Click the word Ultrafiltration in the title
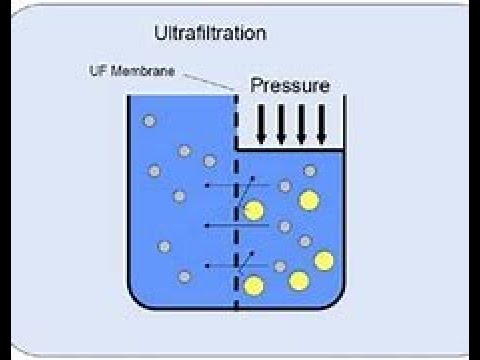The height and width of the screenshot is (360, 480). click(210, 33)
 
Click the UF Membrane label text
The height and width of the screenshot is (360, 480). click(126, 72)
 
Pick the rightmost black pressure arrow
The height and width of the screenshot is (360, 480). click(322, 123)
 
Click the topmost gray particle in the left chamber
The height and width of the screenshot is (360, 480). click(150, 121)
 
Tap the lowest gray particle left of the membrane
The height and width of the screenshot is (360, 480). click(185, 276)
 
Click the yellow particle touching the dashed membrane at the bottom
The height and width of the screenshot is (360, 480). click(254, 286)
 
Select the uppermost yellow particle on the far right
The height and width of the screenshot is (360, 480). click(309, 201)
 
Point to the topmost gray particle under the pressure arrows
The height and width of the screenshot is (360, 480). click(310, 171)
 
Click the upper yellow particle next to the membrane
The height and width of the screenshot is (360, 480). click(254, 211)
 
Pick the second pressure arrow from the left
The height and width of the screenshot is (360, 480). click(281, 123)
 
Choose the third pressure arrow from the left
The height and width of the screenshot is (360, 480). click(302, 123)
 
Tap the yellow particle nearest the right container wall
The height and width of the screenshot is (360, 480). click(323, 261)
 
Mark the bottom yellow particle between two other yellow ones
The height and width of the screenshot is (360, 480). click(298, 280)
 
